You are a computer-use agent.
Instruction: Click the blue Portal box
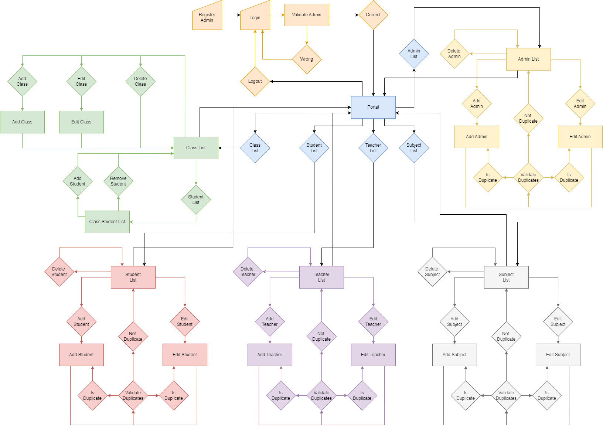373,107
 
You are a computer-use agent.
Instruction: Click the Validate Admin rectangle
307,15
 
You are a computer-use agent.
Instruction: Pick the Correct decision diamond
373,15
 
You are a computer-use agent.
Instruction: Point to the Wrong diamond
307,59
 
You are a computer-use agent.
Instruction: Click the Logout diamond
255,81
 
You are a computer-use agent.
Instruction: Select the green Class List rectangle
196,148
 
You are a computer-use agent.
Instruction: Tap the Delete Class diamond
140,81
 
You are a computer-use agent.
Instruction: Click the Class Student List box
107,222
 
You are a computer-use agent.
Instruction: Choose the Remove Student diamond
118,181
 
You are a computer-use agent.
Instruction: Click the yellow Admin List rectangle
528,59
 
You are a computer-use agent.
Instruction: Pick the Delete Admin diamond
454,54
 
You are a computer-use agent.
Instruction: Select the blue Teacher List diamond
373,148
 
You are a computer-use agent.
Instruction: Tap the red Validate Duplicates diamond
133,395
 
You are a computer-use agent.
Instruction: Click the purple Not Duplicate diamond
321,336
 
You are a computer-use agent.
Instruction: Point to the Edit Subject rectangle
558,355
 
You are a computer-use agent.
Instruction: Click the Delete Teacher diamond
248,272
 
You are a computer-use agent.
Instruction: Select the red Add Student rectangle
81,355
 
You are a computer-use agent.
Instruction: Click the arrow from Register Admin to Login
231,15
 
